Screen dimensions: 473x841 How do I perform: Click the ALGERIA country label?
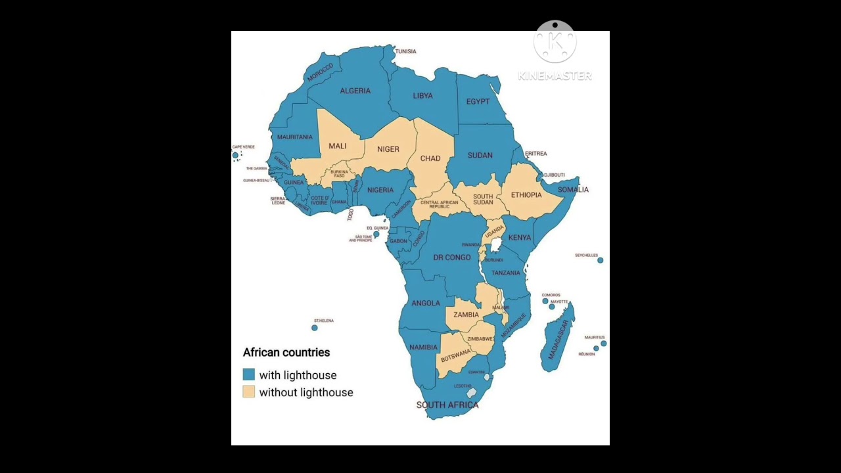coord(355,91)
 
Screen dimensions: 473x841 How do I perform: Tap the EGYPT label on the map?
coord(478,102)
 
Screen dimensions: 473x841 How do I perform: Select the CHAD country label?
coord(430,158)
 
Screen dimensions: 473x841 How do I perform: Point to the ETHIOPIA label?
coord(526,195)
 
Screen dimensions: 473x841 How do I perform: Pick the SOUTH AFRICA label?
coord(447,405)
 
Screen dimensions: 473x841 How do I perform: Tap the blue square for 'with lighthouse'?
coord(249,374)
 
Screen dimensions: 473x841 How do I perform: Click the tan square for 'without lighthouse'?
coord(249,392)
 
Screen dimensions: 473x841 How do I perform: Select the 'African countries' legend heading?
coord(286,353)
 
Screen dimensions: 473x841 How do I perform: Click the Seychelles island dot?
coord(600,260)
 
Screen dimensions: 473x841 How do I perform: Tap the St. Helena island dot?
coord(315,327)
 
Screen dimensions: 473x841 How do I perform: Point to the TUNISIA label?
coord(405,51)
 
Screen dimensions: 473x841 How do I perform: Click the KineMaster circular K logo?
coord(555,41)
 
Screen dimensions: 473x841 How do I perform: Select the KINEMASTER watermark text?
coord(555,76)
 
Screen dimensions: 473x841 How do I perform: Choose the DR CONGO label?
coord(452,258)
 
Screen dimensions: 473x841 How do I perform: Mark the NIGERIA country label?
coord(380,191)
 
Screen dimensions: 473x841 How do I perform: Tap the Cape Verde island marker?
coord(235,156)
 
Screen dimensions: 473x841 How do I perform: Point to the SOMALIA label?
coord(573,190)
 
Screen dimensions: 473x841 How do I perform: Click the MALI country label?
coord(337,146)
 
